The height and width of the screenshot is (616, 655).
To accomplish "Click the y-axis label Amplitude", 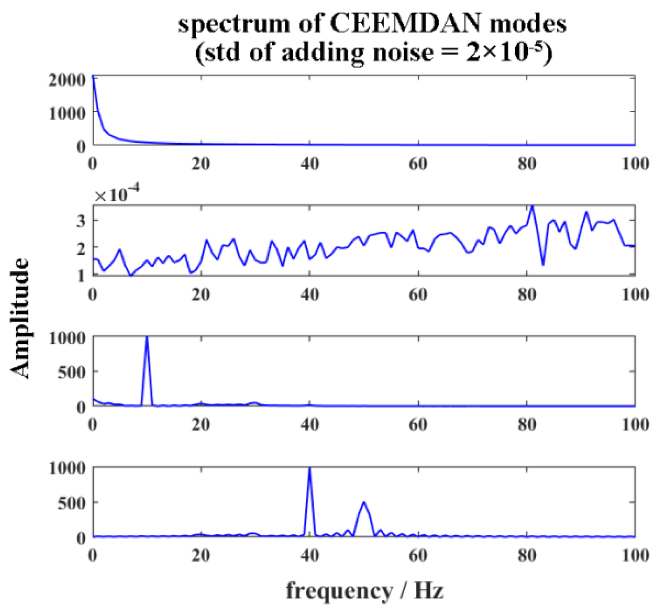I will [20, 318].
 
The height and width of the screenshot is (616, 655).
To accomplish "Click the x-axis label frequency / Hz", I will [365, 591].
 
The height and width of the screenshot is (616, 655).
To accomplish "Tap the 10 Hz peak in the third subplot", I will [147, 338].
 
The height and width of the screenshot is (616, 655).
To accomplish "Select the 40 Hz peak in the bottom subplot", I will [309, 469].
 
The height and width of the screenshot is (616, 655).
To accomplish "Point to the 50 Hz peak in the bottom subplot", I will [364, 503].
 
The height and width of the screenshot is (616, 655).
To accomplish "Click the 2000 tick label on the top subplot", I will [67, 80].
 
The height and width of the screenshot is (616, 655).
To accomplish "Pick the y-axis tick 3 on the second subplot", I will [82, 221].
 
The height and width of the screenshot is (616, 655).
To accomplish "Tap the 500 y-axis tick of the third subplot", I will [72, 372].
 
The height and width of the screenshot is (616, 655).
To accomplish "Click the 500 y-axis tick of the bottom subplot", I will [72, 503].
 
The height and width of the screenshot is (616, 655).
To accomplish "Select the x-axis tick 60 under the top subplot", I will [418, 164].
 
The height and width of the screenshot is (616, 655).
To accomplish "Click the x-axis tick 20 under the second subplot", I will [201, 295].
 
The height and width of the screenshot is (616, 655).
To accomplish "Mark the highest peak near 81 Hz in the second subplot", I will [532, 206].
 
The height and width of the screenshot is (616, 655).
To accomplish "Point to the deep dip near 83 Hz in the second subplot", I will [543, 264].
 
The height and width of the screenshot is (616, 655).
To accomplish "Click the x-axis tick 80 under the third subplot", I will [526, 425].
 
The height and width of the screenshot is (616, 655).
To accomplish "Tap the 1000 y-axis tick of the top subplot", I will [67, 113].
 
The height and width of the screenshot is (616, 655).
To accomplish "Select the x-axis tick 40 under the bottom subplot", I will [309, 556].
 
